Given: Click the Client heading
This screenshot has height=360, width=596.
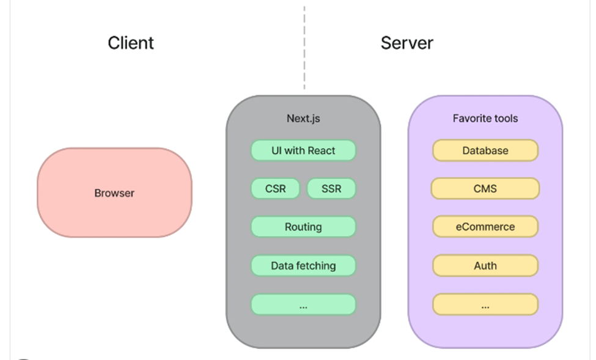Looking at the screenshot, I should [x=131, y=43].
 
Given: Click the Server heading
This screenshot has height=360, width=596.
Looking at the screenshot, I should [x=407, y=43].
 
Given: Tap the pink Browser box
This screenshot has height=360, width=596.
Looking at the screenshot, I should [x=114, y=193].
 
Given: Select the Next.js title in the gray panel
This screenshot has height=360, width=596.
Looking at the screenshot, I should [x=303, y=118].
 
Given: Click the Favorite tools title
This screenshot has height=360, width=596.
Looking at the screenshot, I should [x=485, y=118].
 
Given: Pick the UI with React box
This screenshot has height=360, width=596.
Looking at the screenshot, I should [x=303, y=150].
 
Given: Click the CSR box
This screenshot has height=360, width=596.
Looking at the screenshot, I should [x=275, y=189].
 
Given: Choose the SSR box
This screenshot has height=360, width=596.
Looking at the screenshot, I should [x=331, y=189].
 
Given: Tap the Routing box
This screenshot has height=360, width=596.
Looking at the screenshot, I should [x=303, y=227].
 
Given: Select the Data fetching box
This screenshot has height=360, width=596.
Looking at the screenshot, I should [x=303, y=266].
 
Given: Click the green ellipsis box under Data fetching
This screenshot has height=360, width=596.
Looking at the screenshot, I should [x=303, y=304].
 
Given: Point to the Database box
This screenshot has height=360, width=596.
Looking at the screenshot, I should [x=485, y=150].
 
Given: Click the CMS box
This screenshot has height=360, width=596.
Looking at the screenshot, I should [x=485, y=189].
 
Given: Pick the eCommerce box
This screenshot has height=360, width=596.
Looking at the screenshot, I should [x=485, y=227].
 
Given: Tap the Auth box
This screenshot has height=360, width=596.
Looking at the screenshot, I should [x=485, y=266].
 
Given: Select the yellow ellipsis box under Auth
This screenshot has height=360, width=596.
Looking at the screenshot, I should [x=485, y=304].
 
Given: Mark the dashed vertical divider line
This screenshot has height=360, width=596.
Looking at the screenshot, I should [x=304, y=49].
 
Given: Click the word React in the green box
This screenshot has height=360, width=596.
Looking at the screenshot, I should [x=322, y=150].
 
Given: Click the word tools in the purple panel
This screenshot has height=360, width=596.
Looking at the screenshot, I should [x=504, y=118].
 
